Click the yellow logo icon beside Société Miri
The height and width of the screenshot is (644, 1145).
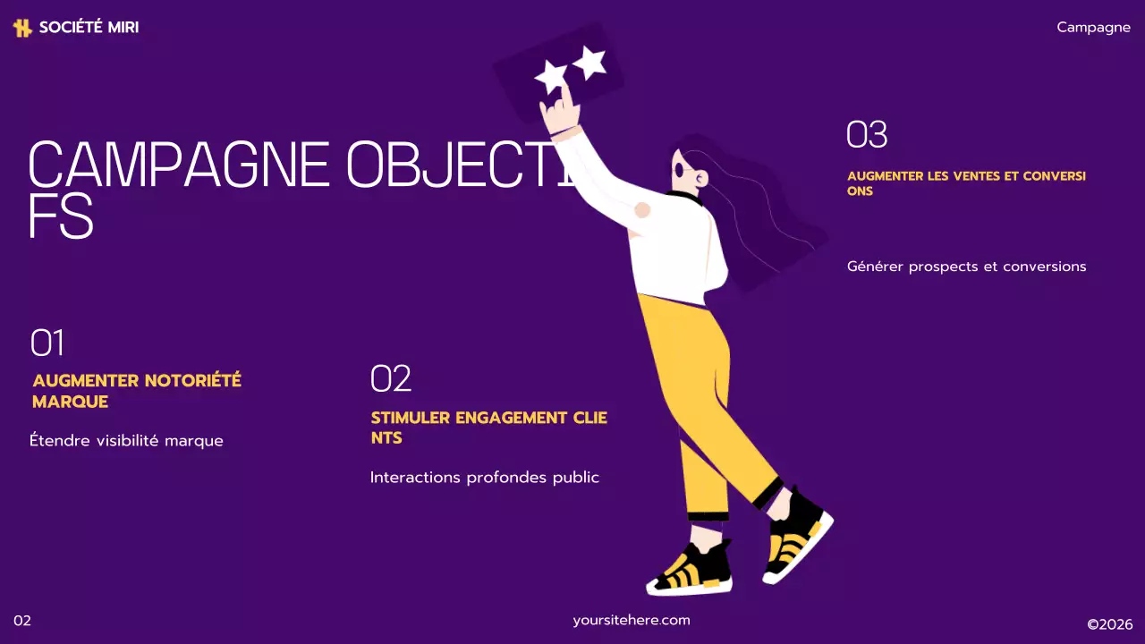[22, 28]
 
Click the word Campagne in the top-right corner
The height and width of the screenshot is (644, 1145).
[1093, 27]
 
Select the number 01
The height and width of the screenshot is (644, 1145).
[47, 343]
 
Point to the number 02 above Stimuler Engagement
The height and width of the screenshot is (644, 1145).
[391, 379]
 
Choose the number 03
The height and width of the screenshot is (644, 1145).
[867, 135]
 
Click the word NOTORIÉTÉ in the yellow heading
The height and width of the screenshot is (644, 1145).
[191, 380]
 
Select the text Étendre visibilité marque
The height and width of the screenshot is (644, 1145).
[126, 441]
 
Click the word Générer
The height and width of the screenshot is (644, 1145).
[875, 267]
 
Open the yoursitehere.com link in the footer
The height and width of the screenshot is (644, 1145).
[632, 620]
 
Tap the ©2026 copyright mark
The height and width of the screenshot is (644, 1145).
[1109, 624]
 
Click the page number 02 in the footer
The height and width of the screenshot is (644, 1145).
[22, 621]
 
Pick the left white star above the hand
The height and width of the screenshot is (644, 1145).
[552, 77]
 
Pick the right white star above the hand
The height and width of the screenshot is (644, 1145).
[589, 62]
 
